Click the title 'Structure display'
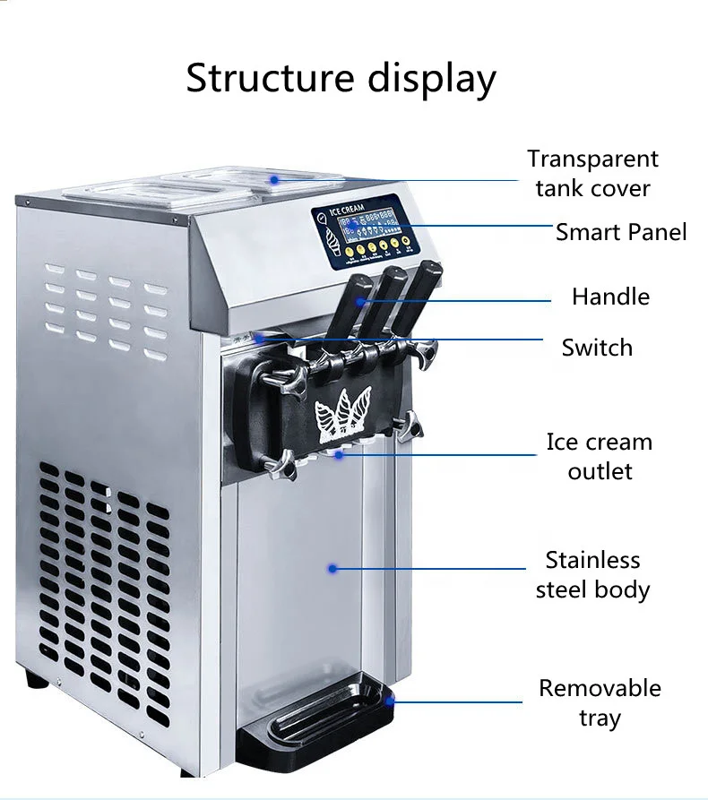(341, 78)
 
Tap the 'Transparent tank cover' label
(592, 173)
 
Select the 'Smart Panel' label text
(621, 232)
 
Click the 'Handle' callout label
(610, 297)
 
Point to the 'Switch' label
(597, 347)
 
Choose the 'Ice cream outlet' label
(600, 456)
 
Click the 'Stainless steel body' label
(592, 574)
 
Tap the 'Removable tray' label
(600, 702)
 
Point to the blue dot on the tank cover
(277, 179)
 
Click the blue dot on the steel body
(332, 568)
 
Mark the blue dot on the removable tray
(391, 701)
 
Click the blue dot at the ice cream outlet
(340, 454)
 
